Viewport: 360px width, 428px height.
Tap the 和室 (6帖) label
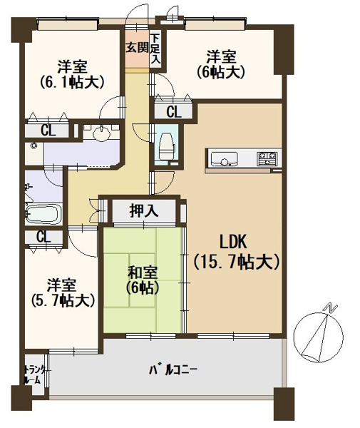click(143, 280)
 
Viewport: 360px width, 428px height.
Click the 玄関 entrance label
click(138, 49)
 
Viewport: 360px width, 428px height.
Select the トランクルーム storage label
click(33, 374)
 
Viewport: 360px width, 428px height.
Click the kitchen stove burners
click(268, 156)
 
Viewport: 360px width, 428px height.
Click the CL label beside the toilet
click(174, 111)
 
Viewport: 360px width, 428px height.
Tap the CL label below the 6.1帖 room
click(48, 130)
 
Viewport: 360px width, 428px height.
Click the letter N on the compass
click(329, 307)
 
